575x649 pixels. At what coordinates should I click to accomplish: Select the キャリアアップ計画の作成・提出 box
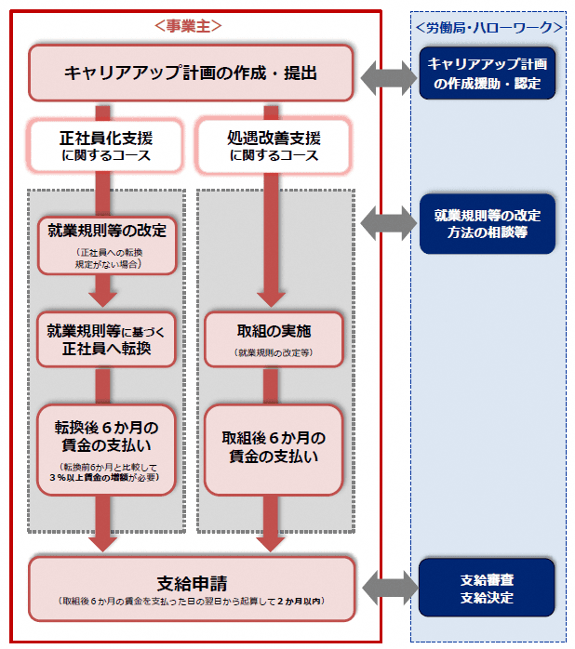[x=191, y=72]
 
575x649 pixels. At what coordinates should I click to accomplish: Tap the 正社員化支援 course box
[x=105, y=146]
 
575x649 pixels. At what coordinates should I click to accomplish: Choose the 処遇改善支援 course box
[x=274, y=146]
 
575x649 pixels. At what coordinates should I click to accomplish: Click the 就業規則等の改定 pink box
[x=106, y=245]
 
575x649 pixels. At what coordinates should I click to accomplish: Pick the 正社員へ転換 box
[x=106, y=339]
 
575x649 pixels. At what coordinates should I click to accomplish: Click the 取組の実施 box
[x=274, y=338]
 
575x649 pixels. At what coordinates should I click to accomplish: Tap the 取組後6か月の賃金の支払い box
[x=274, y=448]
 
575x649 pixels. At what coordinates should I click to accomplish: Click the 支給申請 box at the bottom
[x=191, y=589]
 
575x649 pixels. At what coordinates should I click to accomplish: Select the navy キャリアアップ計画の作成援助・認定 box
[x=487, y=73]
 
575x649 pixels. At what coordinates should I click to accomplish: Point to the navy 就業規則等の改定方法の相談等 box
[x=487, y=223]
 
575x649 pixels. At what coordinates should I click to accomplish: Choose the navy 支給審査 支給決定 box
[x=487, y=589]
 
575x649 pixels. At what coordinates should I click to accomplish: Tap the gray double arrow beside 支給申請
[x=387, y=587]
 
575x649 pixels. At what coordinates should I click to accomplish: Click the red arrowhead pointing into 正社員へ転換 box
[x=106, y=297]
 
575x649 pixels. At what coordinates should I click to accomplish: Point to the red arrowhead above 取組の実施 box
[x=274, y=297]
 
